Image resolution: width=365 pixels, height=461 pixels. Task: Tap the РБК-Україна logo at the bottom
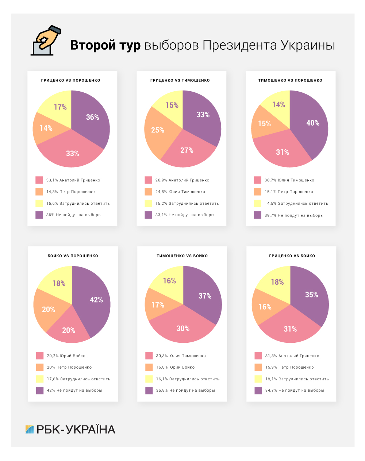tap(70, 429)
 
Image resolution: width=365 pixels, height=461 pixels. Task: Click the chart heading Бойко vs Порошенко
tap(73, 256)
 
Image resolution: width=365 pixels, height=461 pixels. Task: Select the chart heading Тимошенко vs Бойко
tap(182, 256)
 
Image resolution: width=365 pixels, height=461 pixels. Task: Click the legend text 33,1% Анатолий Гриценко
tap(73, 180)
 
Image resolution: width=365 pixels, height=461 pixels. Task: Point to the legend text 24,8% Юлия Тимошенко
tap(180, 192)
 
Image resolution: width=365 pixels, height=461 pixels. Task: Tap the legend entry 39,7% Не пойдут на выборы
tap(294, 215)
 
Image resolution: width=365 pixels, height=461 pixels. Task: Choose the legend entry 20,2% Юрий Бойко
tap(66, 356)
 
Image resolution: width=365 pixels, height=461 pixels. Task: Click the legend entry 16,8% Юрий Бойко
tap(175, 367)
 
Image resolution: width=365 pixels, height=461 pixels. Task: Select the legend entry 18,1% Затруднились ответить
tap(297, 379)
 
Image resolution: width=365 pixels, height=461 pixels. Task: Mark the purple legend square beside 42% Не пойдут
tap(40, 391)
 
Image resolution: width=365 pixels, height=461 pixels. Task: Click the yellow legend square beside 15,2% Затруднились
tap(148, 203)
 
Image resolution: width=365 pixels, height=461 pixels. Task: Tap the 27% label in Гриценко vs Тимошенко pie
tap(187, 150)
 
